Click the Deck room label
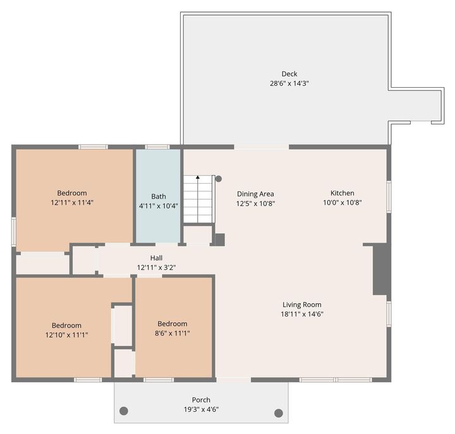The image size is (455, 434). (289, 74)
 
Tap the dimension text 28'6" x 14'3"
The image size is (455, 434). (289, 83)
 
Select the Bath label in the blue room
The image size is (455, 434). (159, 196)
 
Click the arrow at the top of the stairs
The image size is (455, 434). (198, 177)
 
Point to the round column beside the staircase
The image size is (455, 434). (219, 179)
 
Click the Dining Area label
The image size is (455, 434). (255, 194)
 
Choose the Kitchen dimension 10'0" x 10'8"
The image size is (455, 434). (343, 203)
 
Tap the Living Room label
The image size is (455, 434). (302, 304)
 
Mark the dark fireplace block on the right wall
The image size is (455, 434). (380, 269)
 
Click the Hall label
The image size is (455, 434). (157, 258)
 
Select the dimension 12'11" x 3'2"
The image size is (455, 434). (157, 267)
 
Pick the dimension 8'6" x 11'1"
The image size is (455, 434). (173, 333)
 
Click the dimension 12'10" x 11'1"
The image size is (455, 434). (66, 335)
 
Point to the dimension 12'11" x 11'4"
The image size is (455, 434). (72, 203)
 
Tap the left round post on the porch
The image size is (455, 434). (124, 411)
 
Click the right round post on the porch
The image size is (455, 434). (279, 413)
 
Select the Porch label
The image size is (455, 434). (201, 400)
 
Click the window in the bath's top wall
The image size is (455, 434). (157, 147)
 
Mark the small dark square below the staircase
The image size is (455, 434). (220, 239)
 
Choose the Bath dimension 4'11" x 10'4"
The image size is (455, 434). (159, 206)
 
